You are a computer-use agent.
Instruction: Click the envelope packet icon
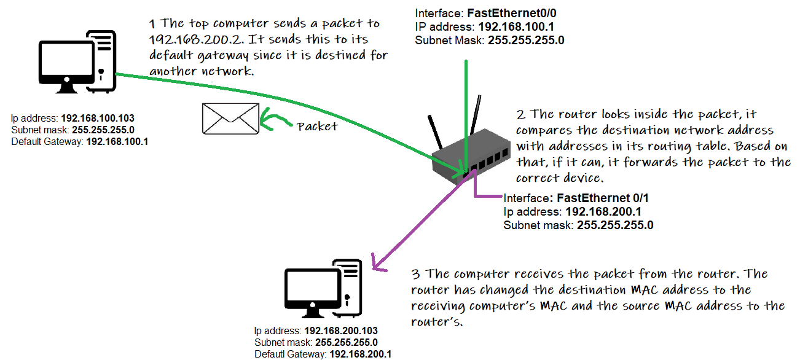pos(230,117)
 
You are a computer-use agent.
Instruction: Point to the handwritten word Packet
pos(317,127)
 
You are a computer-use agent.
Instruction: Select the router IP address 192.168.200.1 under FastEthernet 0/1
pos(604,211)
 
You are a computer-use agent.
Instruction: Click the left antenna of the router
pos(437,131)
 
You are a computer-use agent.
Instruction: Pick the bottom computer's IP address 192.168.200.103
pos(341,331)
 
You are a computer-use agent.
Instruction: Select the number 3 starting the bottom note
pos(414,273)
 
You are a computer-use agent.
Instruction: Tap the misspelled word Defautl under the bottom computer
pos(270,354)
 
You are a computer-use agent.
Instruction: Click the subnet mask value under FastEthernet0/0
pos(526,41)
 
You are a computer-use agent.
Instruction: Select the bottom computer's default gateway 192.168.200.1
pos(361,354)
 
